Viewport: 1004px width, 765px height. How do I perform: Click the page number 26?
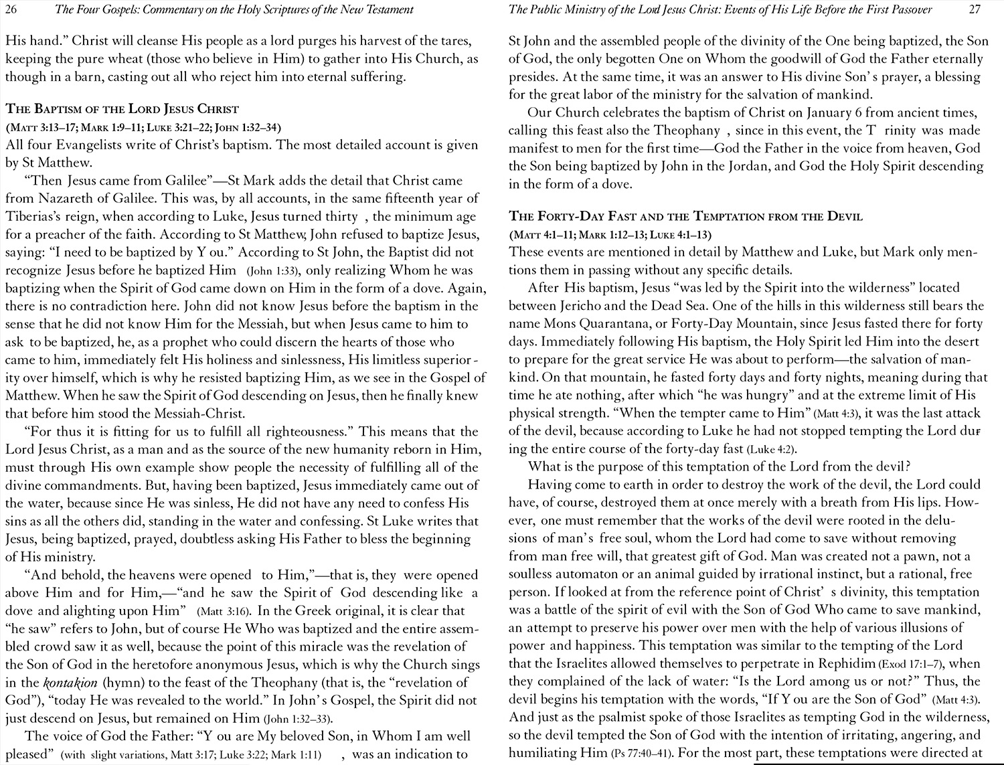12,9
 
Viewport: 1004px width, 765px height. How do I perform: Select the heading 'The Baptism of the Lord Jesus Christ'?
122,109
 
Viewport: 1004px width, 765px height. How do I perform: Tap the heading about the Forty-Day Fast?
685,216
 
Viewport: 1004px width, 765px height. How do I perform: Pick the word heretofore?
184,665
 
